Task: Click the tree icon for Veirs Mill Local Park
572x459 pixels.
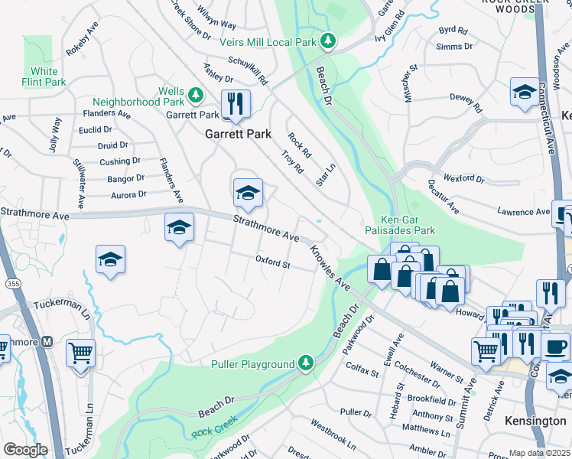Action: click(x=328, y=41)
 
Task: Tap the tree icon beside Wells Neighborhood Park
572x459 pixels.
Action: click(x=196, y=94)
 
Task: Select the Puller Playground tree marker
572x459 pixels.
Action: click(x=306, y=362)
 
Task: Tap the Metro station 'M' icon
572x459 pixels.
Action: click(x=47, y=342)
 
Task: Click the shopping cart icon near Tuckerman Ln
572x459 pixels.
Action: click(x=80, y=353)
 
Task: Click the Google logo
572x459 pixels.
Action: click(x=25, y=450)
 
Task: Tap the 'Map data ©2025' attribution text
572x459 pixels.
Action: click(x=539, y=453)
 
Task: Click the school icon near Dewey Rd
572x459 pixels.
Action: click(x=524, y=92)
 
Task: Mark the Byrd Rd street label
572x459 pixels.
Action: click(x=453, y=31)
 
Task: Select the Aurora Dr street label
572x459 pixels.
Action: click(x=128, y=196)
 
